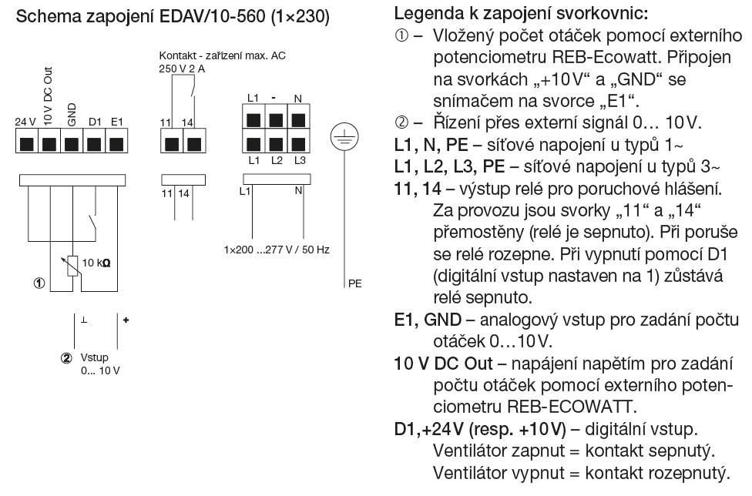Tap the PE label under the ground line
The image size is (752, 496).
click(354, 283)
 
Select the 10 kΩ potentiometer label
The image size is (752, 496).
click(96, 262)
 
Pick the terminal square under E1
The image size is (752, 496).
click(116, 142)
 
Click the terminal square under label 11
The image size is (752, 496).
click(171, 142)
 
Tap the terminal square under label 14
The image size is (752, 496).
click(193, 142)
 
